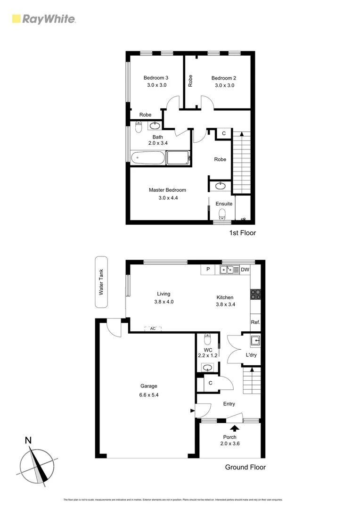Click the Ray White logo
[x=43, y=19]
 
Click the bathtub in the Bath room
[x=148, y=158]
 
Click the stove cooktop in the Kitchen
[x=256, y=294]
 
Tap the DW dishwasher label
[x=245, y=270]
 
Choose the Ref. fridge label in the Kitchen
[x=255, y=323]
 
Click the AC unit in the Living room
[x=153, y=328]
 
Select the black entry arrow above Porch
[x=234, y=428]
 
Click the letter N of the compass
[x=28, y=441]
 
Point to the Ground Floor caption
[x=245, y=468]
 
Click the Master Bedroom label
[x=167, y=190]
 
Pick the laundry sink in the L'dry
[x=255, y=340]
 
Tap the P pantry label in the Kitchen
[x=208, y=270]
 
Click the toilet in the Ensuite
[x=223, y=214]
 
